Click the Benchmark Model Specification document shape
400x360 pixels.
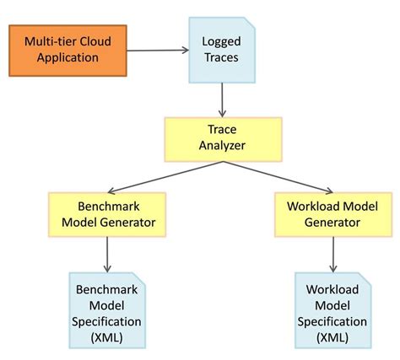[x=106, y=309]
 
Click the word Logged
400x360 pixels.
[x=221, y=41]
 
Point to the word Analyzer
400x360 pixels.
[x=222, y=147]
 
